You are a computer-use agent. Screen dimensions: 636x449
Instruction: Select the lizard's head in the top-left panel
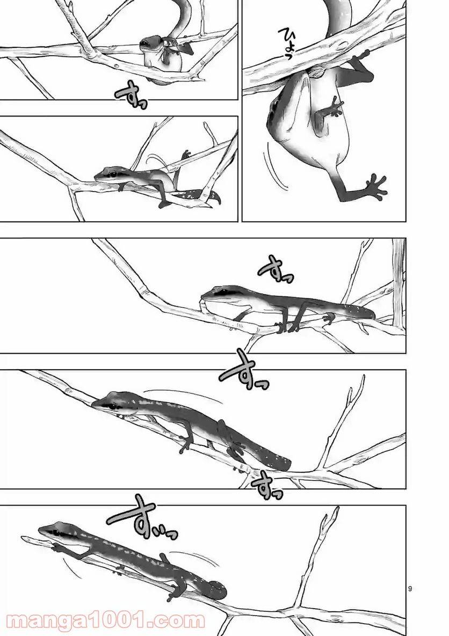pos(151,45)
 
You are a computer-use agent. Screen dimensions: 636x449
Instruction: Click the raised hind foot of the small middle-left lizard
pos(185,156)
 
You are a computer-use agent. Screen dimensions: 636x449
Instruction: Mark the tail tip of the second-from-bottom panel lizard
pos(285,463)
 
